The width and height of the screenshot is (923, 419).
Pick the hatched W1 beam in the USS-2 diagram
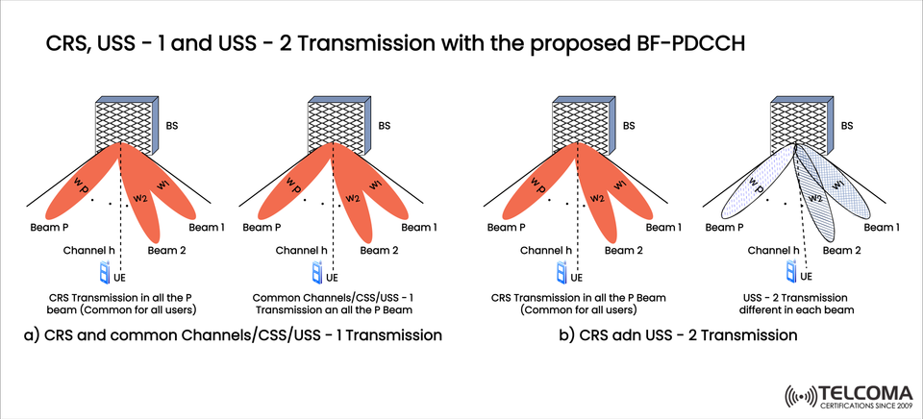839,185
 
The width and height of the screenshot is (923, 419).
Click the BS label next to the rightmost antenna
846,125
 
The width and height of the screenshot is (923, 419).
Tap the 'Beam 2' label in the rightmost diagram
844,251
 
